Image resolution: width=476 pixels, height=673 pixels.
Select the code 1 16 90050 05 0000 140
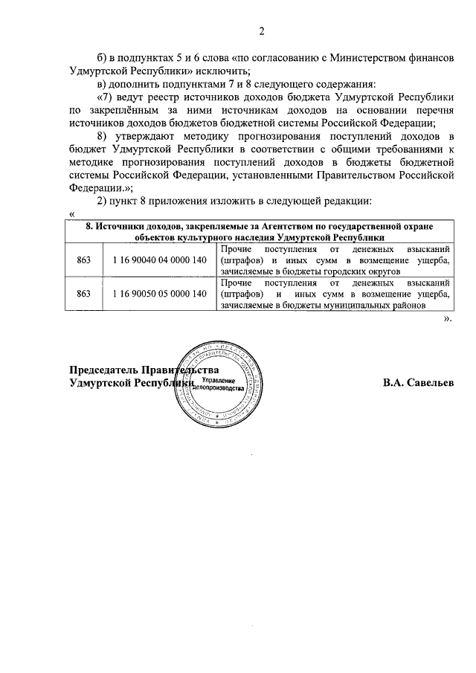[159, 294]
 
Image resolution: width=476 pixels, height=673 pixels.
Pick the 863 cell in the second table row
[84, 294]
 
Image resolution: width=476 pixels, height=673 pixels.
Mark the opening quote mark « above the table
[71, 215]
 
